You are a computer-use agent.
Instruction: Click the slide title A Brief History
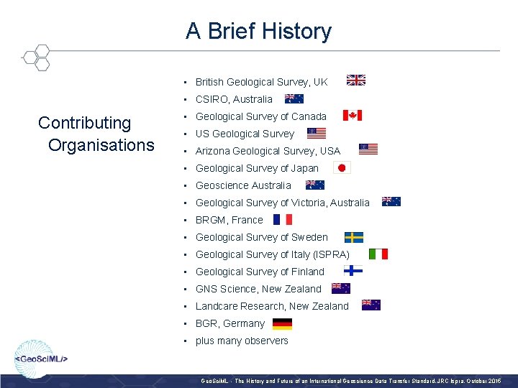(x=258, y=31)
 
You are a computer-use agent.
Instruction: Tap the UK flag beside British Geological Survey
(x=356, y=80)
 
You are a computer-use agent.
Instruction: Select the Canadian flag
(x=352, y=116)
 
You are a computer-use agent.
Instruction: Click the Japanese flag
(x=342, y=168)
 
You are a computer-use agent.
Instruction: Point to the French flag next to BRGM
(x=282, y=220)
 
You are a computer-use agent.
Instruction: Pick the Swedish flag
(x=353, y=237)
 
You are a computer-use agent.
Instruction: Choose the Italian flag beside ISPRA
(x=378, y=254)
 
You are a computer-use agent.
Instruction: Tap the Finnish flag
(x=353, y=271)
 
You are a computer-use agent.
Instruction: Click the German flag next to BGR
(x=283, y=323)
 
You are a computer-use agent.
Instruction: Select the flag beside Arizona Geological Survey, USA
(x=368, y=150)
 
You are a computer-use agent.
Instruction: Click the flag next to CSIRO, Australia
(x=294, y=98)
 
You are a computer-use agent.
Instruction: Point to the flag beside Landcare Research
(x=371, y=305)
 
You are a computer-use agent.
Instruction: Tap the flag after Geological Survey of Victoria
(x=391, y=202)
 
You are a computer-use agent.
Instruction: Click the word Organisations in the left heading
(x=101, y=145)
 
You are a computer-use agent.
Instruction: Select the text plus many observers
(x=242, y=341)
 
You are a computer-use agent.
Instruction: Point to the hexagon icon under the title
(x=35, y=57)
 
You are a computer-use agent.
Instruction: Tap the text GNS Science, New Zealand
(x=258, y=289)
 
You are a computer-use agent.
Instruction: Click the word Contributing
(x=85, y=123)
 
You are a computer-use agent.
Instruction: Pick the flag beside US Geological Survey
(x=316, y=133)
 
